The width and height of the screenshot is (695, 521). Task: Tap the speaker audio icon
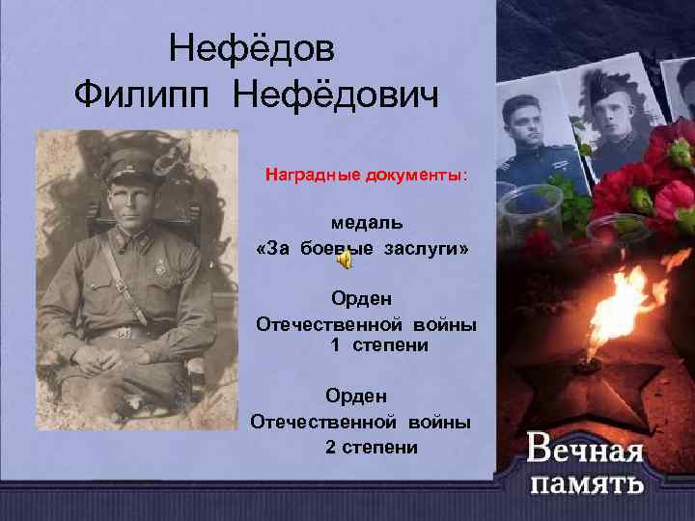[345, 261]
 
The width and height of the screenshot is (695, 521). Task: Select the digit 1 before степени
[336, 345]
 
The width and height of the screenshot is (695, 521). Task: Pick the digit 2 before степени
[331, 447]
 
